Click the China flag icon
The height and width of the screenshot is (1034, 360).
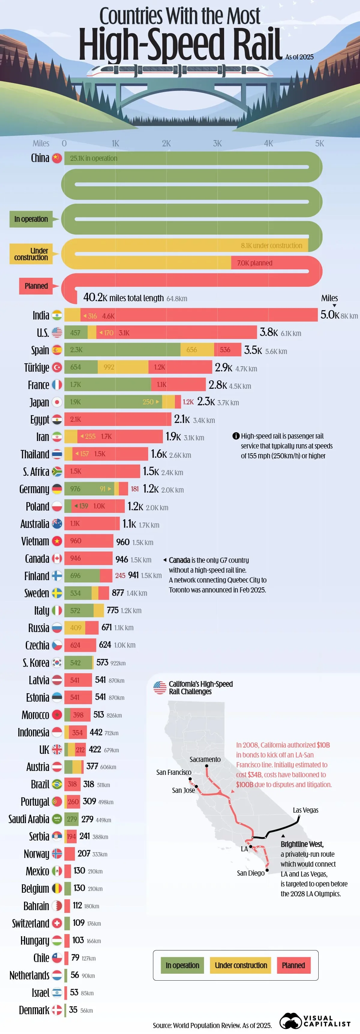(57, 158)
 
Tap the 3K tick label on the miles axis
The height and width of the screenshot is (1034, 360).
(217, 143)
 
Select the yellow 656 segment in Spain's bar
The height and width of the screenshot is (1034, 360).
(197, 350)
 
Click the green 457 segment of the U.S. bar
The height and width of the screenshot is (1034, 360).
(76, 333)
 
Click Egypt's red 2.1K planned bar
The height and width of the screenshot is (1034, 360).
(118, 419)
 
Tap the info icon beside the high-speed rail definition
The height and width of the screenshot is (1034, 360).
(236, 436)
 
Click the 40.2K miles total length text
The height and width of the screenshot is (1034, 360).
(123, 298)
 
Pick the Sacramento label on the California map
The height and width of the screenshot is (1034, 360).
(205, 760)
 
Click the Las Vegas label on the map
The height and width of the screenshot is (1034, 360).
(305, 810)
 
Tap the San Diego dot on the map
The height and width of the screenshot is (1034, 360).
(267, 870)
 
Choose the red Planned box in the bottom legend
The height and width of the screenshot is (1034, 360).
(293, 965)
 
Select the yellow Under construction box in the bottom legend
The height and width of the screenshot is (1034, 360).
(241, 965)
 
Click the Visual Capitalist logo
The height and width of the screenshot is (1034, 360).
(315, 1021)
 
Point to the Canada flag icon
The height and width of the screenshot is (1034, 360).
(57, 558)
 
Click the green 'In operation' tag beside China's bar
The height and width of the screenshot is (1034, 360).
(31, 219)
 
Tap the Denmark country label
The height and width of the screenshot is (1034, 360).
(34, 1010)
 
